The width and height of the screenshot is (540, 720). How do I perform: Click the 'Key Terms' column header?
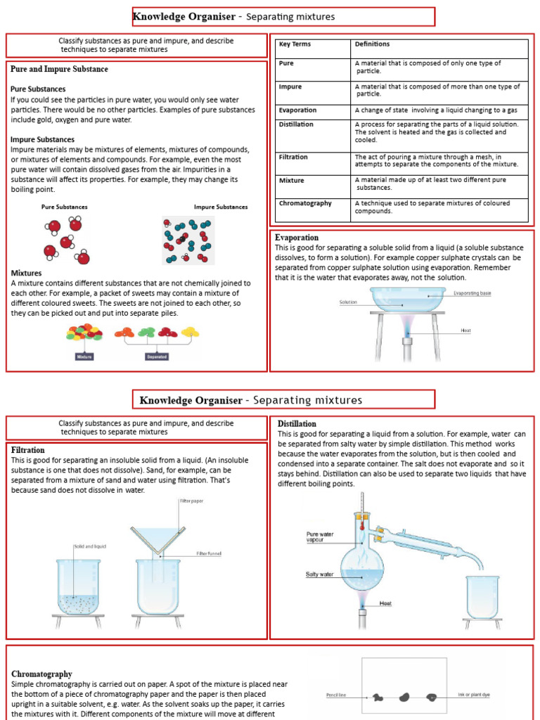(x=295, y=44)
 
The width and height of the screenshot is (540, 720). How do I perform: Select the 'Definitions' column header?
(x=372, y=44)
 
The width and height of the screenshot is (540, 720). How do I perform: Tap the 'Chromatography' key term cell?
(x=305, y=203)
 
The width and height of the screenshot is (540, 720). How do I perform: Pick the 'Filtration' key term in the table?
(x=293, y=157)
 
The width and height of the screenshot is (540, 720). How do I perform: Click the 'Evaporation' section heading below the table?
(x=297, y=238)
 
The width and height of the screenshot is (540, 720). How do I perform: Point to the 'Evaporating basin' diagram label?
(x=472, y=292)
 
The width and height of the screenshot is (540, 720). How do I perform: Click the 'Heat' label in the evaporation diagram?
(x=465, y=330)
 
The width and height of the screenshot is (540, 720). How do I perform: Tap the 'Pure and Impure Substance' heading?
(x=59, y=69)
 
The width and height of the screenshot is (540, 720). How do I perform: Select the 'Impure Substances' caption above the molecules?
(x=221, y=207)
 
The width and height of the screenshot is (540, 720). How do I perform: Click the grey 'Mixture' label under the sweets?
(x=84, y=356)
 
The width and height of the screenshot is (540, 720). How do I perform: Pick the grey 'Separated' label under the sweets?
(x=156, y=356)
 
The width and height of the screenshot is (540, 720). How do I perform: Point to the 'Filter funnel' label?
(x=209, y=553)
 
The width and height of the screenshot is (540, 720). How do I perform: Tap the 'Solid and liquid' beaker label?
(x=89, y=546)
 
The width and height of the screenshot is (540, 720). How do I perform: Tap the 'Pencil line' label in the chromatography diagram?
(x=336, y=695)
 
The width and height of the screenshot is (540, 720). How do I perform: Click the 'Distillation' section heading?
(x=297, y=424)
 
